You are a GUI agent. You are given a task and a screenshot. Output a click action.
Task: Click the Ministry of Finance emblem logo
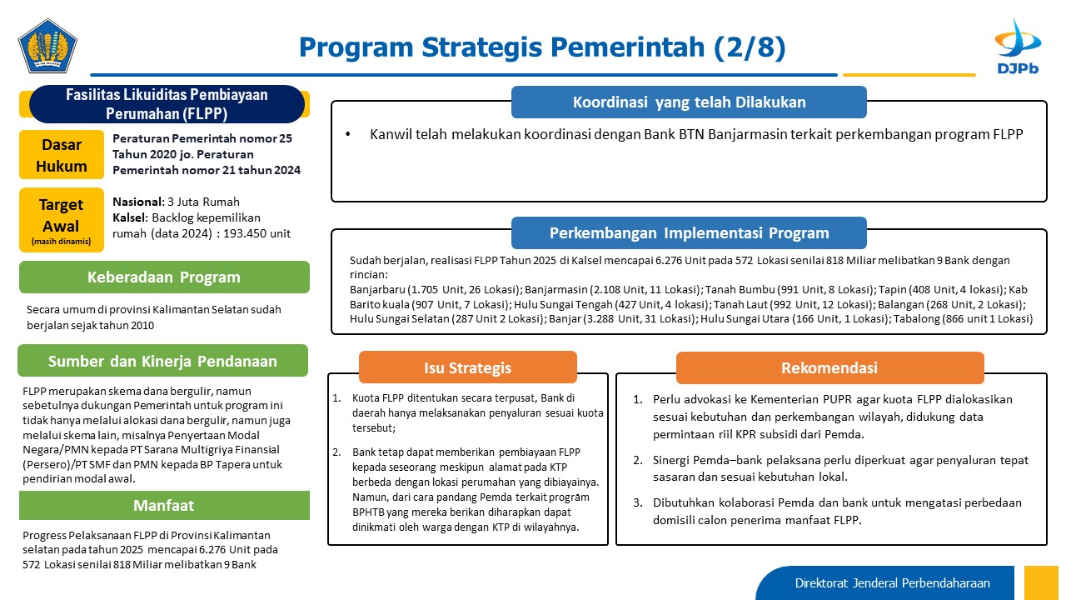pyautogui.click(x=47, y=46)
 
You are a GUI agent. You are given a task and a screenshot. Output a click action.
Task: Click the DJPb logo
pyautogui.click(x=1018, y=47)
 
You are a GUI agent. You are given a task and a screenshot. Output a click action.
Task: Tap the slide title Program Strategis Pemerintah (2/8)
pyautogui.click(x=542, y=47)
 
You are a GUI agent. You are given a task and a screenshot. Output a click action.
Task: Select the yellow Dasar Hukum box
pyautogui.click(x=62, y=155)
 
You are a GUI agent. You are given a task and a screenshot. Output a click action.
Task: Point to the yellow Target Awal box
pyautogui.click(x=62, y=220)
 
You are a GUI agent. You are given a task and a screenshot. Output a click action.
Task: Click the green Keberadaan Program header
pyautogui.click(x=164, y=277)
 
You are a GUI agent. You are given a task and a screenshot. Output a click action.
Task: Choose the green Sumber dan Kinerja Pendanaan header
pyautogui.click(x=162, y=361)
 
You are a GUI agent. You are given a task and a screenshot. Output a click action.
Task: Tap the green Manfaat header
pyautogui.click(x=164, y=505)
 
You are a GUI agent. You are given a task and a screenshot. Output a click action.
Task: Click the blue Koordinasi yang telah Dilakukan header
pyautogui.click(x=689, y=102)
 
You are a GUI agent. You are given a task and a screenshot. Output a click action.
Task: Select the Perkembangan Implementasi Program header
pyautogui.click(x=689, y=232)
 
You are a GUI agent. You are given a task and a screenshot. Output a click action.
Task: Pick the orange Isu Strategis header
pyautogui.click(x=468, y=367)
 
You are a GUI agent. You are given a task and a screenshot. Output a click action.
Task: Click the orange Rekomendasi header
pyautogui.click(x=830, y=367)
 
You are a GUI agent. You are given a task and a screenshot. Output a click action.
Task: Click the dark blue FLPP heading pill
pyautogui.click(x=167, y=104)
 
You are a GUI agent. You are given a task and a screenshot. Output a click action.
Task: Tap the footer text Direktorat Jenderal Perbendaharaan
pyautogui.click(x=892, y=582)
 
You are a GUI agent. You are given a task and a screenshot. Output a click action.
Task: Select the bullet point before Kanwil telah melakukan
pyautogui.click(x=348, y=135)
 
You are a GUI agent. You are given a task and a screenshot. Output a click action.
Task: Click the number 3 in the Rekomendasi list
pyautogui.click(x=638, y=502)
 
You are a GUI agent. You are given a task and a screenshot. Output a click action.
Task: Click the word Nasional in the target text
pyautogui.click(x=137, y=202)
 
